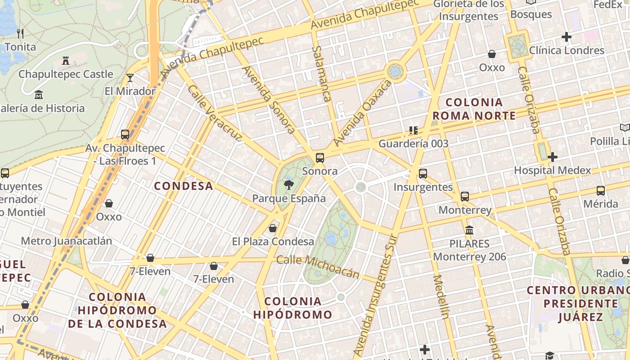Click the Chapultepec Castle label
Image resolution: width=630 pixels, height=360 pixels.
(x=66, y=74)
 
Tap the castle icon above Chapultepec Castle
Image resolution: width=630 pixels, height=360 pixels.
(x=66, y=60)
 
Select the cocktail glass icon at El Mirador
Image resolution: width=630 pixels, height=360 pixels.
(x=130, y=78)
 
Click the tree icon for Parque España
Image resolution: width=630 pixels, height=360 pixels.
(x=288, y=184)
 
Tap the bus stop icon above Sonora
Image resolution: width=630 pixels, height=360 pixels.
(x=320, y=157)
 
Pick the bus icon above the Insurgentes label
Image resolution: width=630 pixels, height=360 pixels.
(x=423, y=173)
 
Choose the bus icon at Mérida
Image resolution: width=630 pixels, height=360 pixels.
(x=601, y=190)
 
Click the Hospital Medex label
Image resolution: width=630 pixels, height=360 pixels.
(x=552, y=171)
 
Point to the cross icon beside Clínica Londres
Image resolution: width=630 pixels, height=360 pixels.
(x=567, y=37)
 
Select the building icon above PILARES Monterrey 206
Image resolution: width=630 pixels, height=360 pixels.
(x=469, y=230)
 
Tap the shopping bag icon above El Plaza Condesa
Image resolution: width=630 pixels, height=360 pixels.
(x=273, y=228)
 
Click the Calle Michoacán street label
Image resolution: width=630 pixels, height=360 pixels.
(x=318, y=266)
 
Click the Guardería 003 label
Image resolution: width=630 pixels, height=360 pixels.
(x=414, y=144)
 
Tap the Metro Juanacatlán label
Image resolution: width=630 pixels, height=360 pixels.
(x=67, y=241)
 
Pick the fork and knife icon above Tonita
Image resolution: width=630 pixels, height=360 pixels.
(x=20, y=33)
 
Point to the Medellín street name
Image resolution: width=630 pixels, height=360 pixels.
(x=441, y=297)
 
